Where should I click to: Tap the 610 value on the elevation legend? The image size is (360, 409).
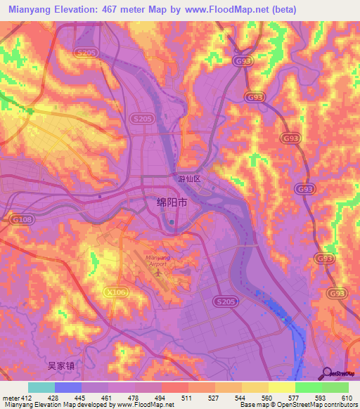(347, 398)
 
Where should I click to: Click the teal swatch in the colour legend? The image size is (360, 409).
(41, 387)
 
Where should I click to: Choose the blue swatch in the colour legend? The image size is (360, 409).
(68, 387)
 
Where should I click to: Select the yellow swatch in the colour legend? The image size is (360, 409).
(281, 387)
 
